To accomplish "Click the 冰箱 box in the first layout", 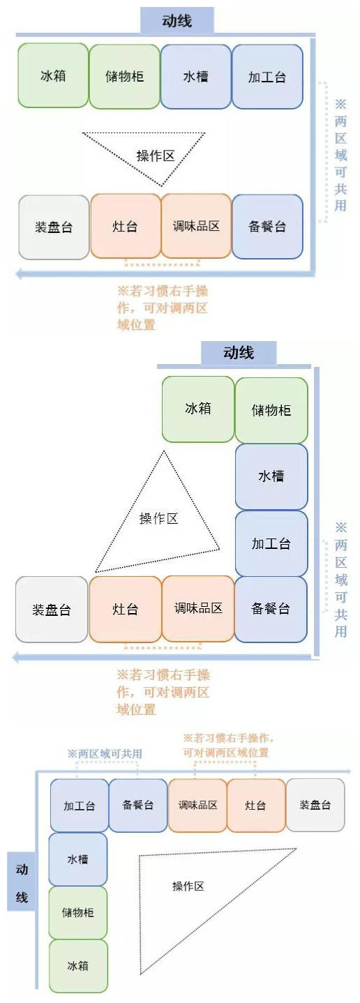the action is (x=53, y=75).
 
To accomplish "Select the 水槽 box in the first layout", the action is (x=196, y=77).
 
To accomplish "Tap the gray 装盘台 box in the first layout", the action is (x=54, y=227).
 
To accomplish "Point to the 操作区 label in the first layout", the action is (x=156, y=156).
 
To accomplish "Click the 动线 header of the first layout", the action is (x=177, y=21).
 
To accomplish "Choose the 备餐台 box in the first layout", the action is (x=267, y=227).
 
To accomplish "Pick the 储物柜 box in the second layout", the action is (x=271, y=410).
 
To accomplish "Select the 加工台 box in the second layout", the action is (x=271, y=543).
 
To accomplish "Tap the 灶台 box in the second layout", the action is (x=126, y=609).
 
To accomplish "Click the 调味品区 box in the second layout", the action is (x=198, y=608).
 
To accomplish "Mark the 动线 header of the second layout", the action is (x=239, y=353).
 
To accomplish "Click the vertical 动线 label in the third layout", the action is (x=22, y=883).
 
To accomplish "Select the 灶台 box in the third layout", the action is (x=256, y=805).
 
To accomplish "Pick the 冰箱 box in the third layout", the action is (x=78, y=965).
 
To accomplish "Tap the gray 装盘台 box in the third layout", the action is (x=315, y=805).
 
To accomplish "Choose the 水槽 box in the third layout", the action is (x=78, y=859).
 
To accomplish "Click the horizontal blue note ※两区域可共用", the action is (x=105, y=753).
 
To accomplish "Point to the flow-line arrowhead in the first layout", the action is (x=19, y=273).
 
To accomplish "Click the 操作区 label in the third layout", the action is (x=188, y=886).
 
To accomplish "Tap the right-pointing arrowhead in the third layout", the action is (x=347, y=771).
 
